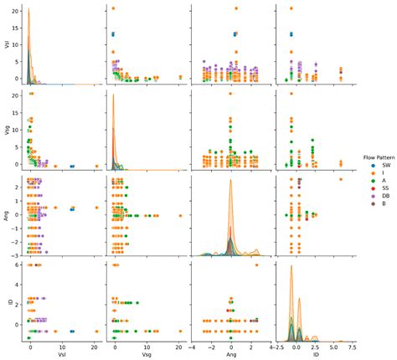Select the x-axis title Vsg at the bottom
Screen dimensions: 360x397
point(143,354)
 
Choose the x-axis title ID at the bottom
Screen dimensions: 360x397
point(313,354)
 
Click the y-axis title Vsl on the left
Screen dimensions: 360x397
point(8,47)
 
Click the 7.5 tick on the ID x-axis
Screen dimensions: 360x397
point(352,345)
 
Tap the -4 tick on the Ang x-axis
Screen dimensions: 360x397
point(193,345)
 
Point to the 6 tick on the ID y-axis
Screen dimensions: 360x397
point(17,265)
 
